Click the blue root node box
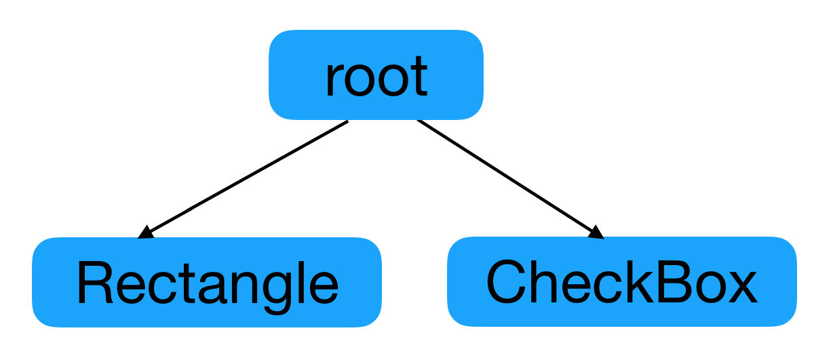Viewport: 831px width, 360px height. (x=376, y=75)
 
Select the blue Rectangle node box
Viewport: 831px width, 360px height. (x=207, y=282)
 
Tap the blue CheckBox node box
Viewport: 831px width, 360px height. (x=622, y=282)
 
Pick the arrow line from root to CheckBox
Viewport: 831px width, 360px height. (x=510, y=179)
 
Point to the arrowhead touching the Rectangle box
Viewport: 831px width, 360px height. (x=146, y=233)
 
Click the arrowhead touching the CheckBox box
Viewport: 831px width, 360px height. (x=596, y=233)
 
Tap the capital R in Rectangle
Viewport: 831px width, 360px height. (x=94, y=283)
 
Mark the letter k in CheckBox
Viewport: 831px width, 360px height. (x=638, y=282)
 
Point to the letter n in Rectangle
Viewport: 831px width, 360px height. (x=244, y=287)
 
